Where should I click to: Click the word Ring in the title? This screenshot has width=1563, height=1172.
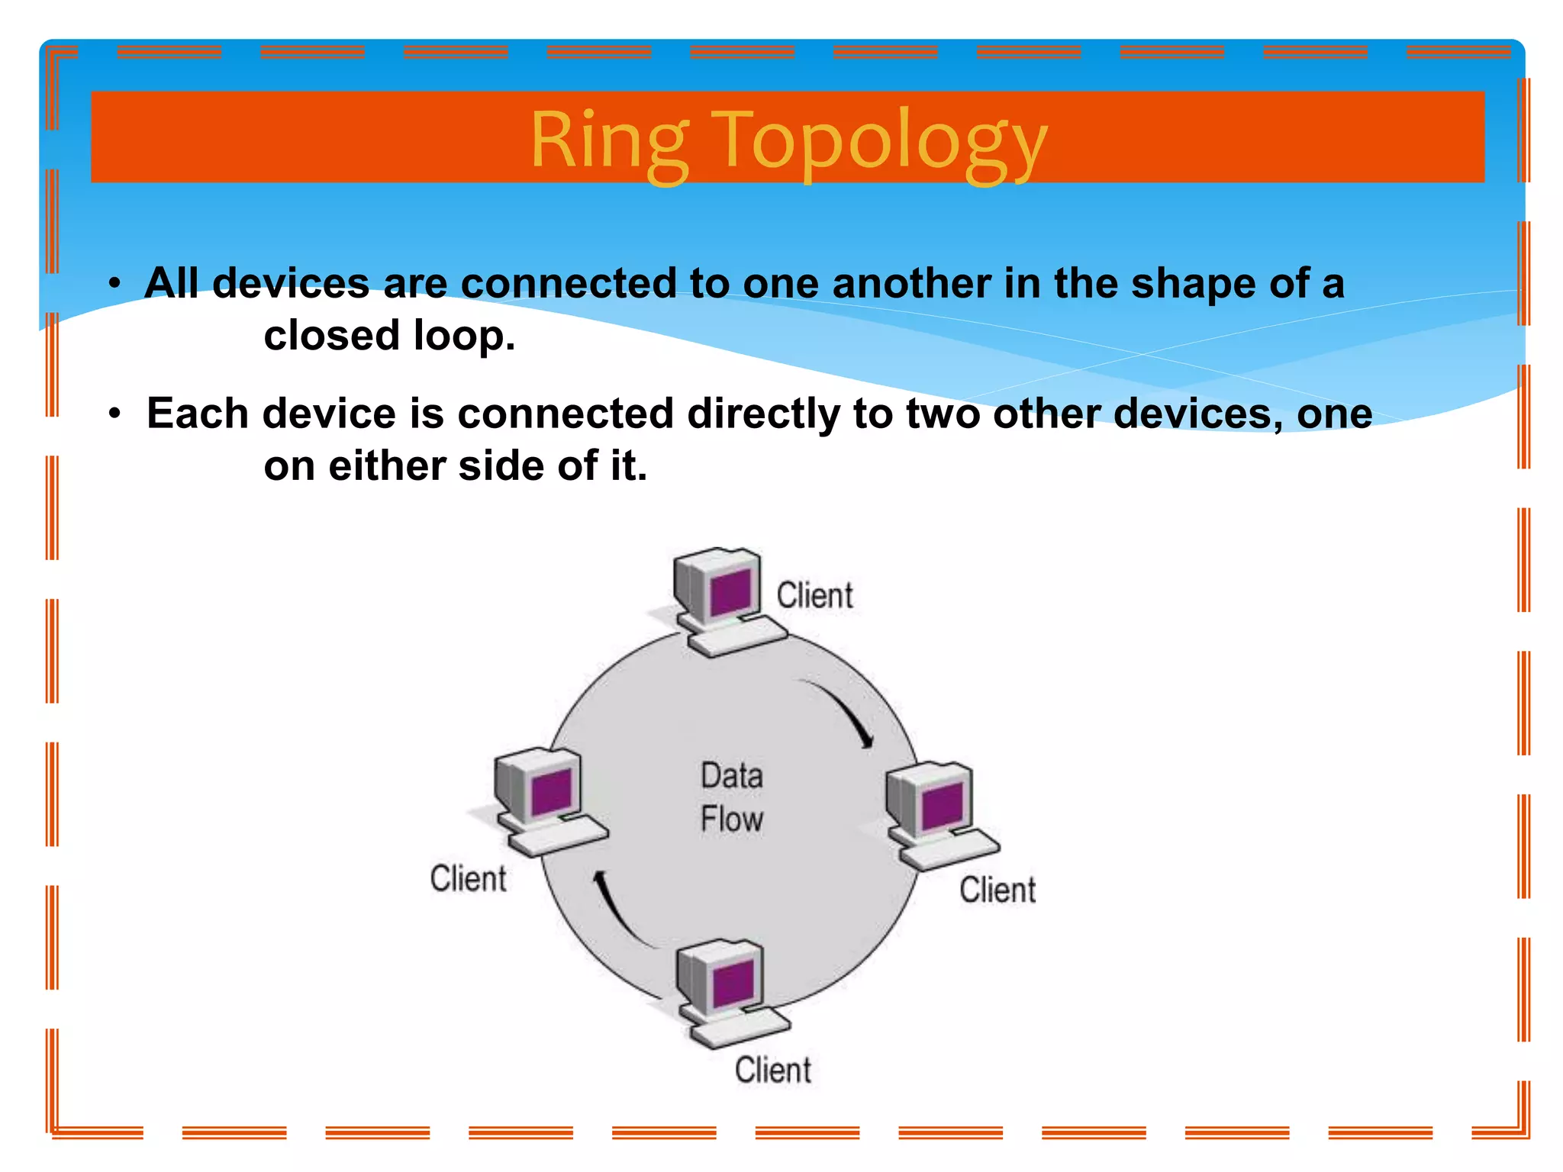click(x=608, y=141)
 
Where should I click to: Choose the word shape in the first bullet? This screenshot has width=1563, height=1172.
click(x=1193, y=284)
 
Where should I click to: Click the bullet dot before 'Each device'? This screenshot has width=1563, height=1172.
click(x=114, y=414)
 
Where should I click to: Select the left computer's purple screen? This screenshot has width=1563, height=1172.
click(x=552, y=791)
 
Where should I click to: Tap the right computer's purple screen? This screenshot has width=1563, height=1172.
click(x=942, y=806)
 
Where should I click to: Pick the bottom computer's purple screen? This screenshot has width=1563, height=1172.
click(x=733, y=983)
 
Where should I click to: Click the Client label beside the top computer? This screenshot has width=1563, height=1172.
click(x=814, y=596)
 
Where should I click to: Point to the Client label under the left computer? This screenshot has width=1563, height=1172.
click(x=468, y=879)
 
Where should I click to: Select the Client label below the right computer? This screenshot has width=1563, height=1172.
click(x=997, y=890)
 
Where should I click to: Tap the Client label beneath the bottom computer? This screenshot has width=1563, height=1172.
click(x=772, y=1070)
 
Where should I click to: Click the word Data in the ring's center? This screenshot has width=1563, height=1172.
click(x=732, y=776)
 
